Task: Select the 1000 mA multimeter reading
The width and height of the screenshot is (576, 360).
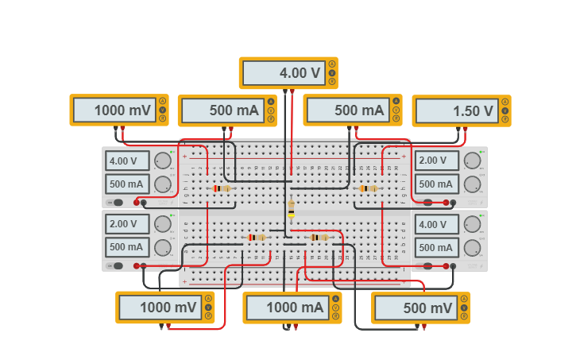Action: pyautogui.click(x=287, y=308)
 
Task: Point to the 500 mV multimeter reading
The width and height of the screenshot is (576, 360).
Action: pyautogui.click(x=416, y=308)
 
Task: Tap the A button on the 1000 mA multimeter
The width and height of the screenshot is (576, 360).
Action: pyautogui.click(x=336, y=299)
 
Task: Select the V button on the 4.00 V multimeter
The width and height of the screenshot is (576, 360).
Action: pyautogui.click(x=332, y=73)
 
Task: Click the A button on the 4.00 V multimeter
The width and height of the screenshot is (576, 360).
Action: pyautogui.click(x=332, y=64)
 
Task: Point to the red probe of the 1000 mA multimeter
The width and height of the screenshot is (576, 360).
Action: pyautogui.click(x=296, y=326)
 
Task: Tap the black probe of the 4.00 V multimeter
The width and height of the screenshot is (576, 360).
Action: pyautogui.click(x=285, y=91)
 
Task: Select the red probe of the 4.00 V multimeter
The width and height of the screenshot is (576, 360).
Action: pyautogui.click(x=293, y=91)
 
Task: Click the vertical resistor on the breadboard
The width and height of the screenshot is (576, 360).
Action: pyautogui.click(x=292, y=207)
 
